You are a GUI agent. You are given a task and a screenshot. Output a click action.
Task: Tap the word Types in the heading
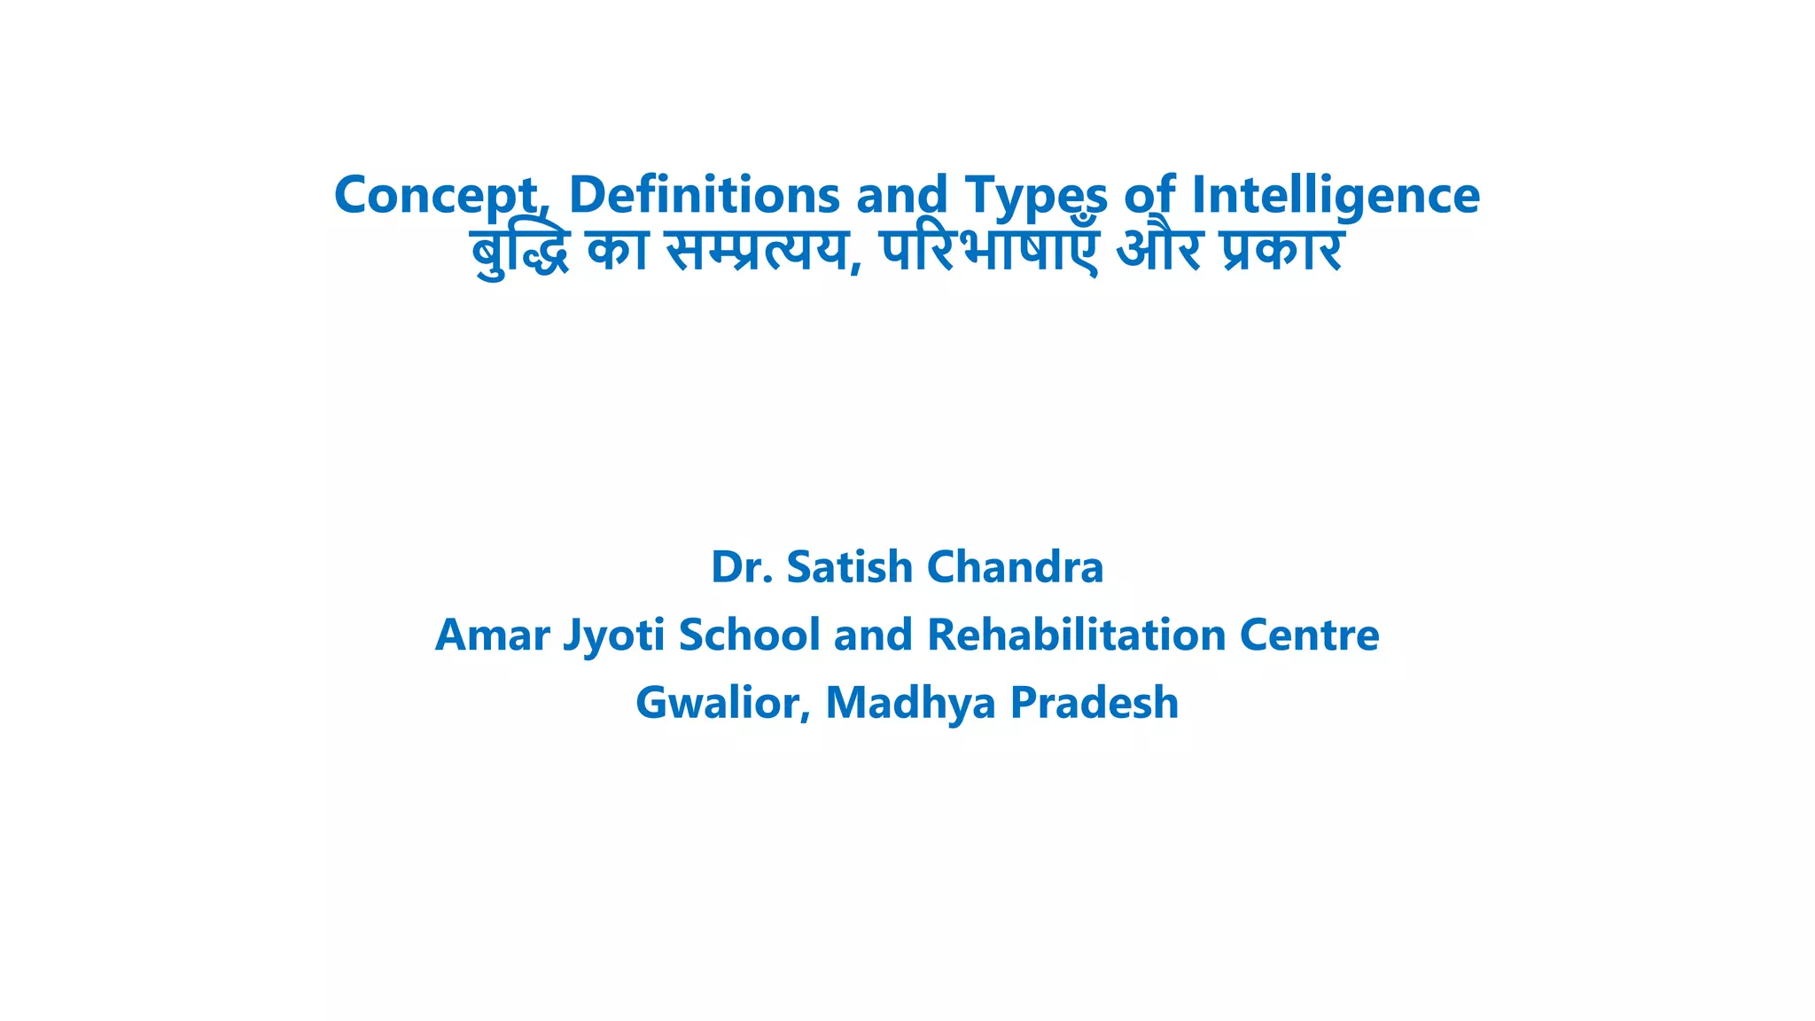1036,196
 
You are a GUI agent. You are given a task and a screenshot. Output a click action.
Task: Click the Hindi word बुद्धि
518,251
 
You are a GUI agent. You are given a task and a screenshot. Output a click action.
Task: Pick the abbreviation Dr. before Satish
742,567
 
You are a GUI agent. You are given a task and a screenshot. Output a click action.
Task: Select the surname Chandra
1015,567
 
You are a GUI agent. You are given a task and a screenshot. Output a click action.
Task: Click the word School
749,635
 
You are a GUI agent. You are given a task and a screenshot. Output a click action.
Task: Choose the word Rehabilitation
1076,635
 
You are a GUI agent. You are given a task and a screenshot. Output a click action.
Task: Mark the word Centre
1309,635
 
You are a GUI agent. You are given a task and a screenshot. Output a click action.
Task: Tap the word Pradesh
1094,703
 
